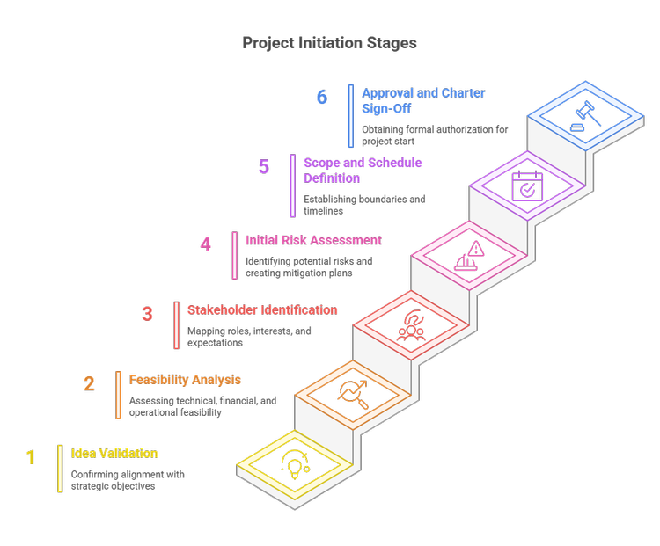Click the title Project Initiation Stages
tap(330, 43)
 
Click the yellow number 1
tap(31, 457)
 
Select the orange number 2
tap(89, 383)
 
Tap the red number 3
tap(148, 314)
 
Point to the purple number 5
tap(264, 166)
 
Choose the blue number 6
tap(322, 97)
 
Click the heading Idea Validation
tap(114, 454)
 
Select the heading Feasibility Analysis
tap(186, 381)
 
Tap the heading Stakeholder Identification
tap(262, 310)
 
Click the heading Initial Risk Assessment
tap(313, 239)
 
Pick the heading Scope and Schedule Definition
tap(363, 171)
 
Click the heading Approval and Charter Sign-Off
tap(423, 100)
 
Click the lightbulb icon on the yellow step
tap(294, 462)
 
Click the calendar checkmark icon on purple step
tap(527, 186)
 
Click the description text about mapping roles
tap(249, 338)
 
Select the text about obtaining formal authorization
tap(435, 135)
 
